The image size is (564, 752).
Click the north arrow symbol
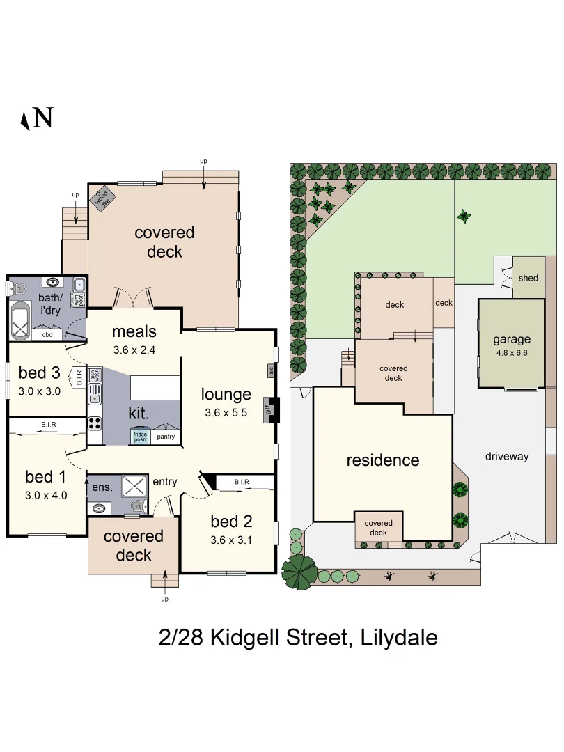(x=36, y=118)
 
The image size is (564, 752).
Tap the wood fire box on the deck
(x=102, y=198)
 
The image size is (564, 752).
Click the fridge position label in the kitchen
(x=140, y=437)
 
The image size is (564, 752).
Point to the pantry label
(x=166, y=437)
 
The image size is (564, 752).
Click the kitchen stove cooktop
(x=95, y=423)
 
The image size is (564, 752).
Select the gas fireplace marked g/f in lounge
(x=267, y=410)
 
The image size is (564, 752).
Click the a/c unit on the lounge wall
(x=271, y=370)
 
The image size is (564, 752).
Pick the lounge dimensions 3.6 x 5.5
(x=226, y=413)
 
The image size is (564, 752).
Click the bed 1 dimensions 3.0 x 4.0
(x=45, y=496)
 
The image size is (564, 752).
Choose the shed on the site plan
(x=528, y=278)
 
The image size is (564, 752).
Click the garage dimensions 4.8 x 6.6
(x=512, y=353)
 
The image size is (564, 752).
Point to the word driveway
(x=507, y=457)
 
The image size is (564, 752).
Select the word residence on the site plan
(x=383, y=460)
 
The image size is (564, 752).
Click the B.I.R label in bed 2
(x=242, y=482)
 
